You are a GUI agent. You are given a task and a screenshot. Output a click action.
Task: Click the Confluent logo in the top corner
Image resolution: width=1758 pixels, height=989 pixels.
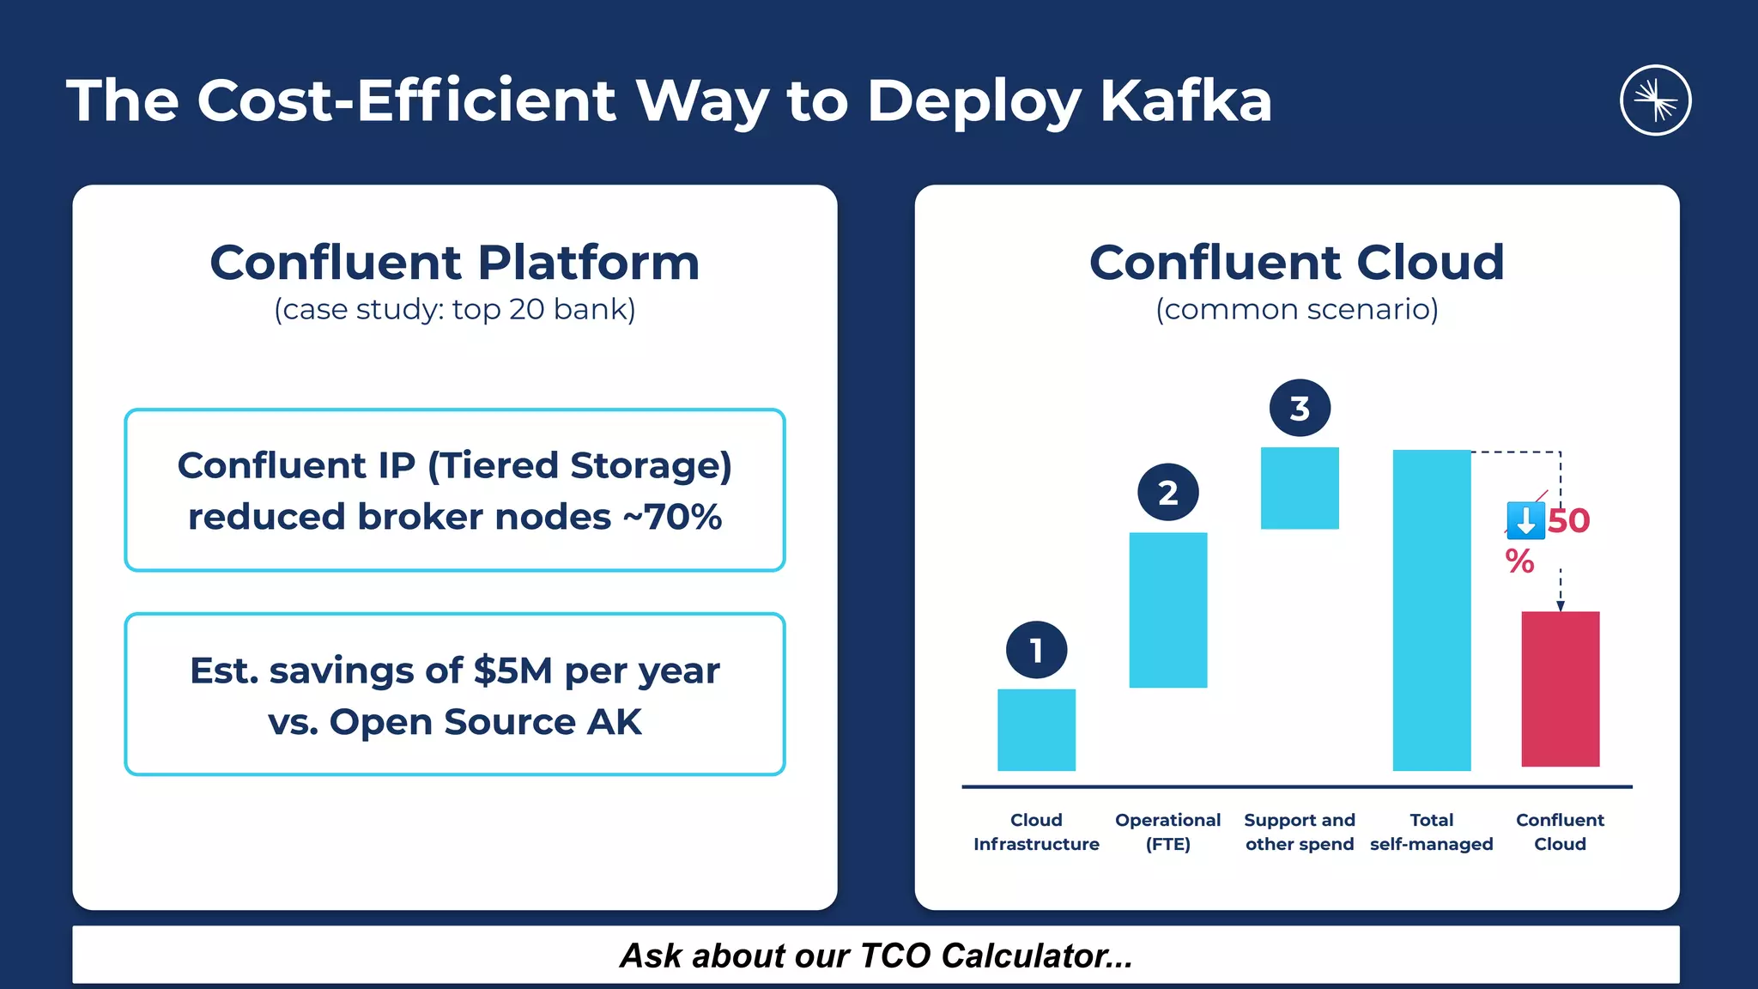[1655, 100]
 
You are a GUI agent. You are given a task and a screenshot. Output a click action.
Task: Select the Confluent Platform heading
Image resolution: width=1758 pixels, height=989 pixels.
[454, 262]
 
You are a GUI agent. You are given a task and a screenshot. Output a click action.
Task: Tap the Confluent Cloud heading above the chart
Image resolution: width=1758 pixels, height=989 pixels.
[1296, 262]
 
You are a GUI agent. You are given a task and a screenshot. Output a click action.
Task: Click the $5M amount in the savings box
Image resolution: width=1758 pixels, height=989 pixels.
[512, 670]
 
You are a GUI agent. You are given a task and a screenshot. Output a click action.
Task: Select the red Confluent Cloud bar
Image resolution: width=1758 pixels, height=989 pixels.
[1560, 689]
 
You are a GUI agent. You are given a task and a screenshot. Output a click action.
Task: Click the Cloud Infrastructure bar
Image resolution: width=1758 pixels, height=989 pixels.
[1036, 730]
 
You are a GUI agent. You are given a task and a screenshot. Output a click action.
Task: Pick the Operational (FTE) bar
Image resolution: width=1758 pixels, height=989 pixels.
[1167, 610]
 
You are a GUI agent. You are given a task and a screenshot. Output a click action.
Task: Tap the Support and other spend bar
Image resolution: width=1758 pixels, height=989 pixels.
[1300, 488]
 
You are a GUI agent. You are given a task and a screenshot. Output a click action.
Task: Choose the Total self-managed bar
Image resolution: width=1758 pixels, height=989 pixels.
[1431, 610]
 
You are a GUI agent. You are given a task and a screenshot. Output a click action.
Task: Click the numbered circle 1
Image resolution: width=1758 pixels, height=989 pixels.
[1036, 650]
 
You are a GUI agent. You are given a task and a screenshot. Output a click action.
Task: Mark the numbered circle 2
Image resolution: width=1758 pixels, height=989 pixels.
[1167, 493]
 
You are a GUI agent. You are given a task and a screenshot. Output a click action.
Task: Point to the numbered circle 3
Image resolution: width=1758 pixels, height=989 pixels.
[1300, 408]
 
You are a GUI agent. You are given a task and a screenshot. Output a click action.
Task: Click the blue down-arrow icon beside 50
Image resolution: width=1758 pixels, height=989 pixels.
[1525, 521]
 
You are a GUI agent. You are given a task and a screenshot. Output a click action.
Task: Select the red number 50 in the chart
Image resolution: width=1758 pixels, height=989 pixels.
[1569, 521]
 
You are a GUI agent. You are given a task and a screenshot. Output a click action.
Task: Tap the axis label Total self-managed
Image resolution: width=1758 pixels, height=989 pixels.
[1431, 832]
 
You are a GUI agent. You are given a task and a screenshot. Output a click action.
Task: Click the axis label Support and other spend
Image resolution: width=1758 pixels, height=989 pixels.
[1300, 832]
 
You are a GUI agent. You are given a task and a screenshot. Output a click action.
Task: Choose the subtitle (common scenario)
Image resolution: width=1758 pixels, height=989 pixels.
[1296, 309]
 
